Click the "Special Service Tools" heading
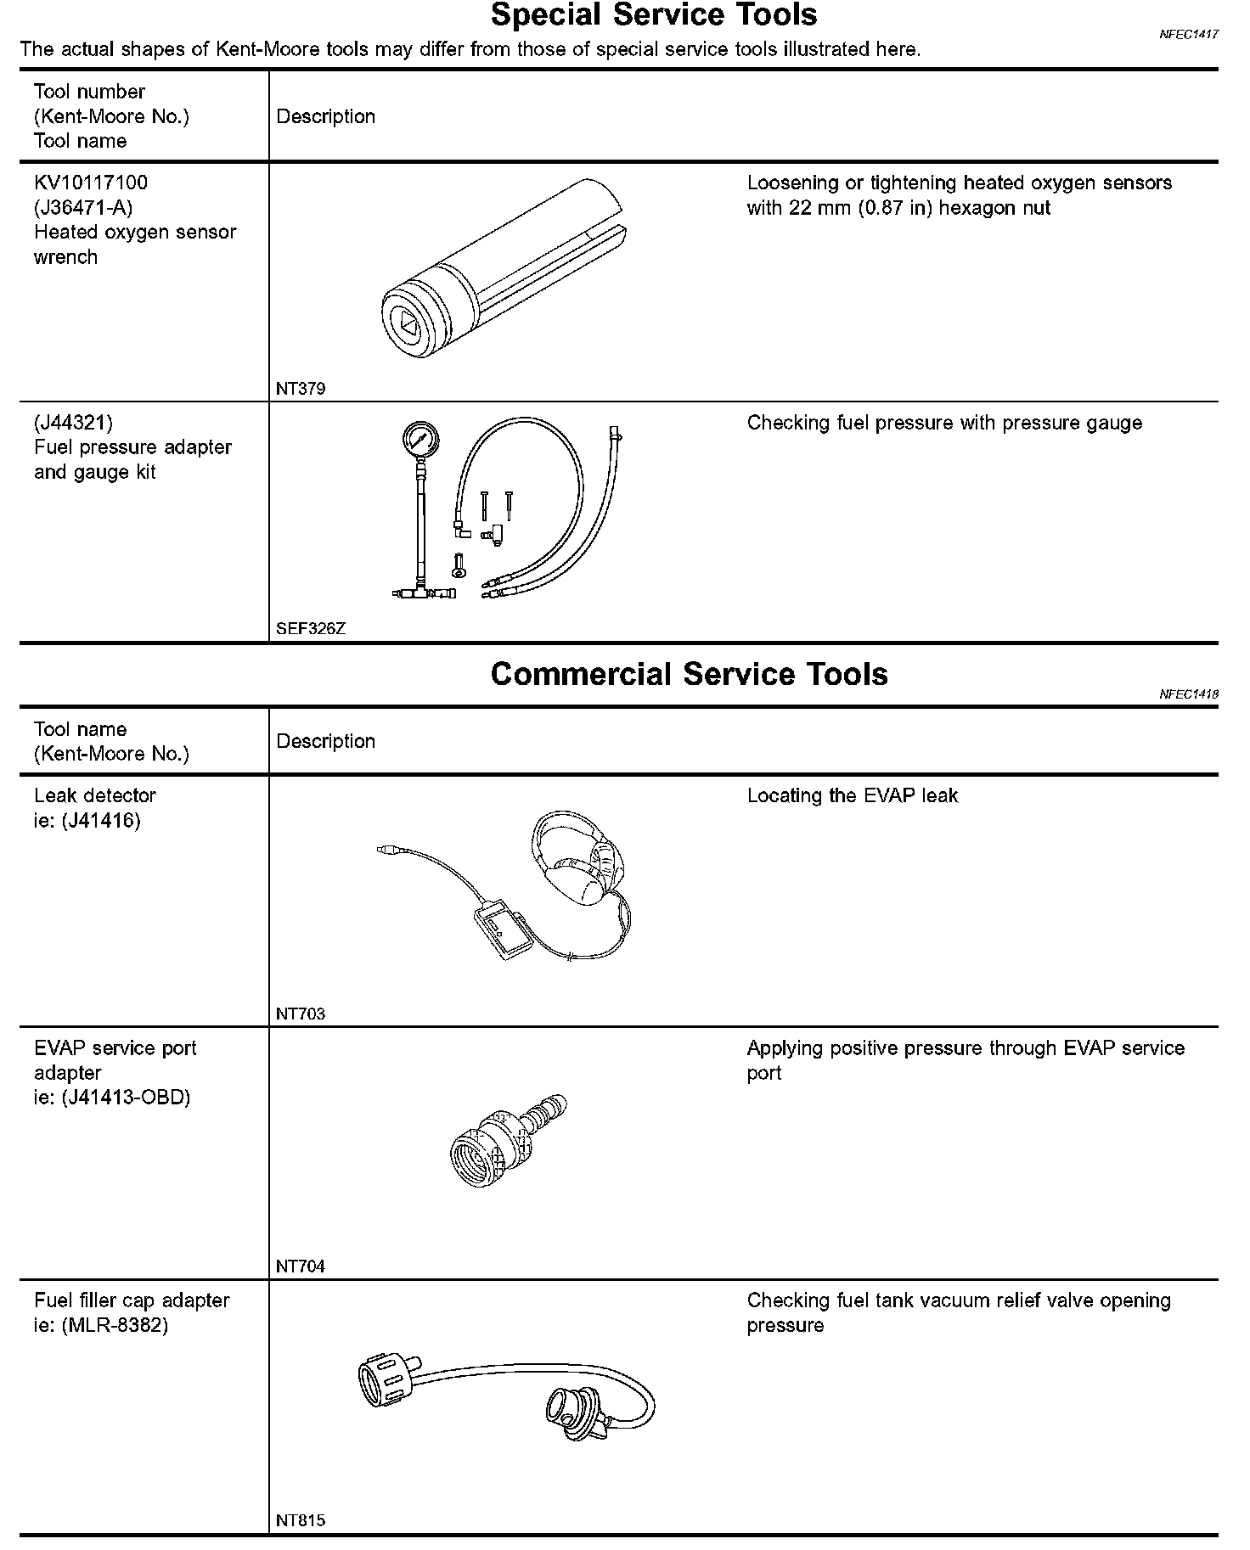click(x=654, y=15)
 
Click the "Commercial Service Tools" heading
click(x=689, y=674)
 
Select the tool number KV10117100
click(x=91, y=183)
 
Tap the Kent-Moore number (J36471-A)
click(x=83, y=207)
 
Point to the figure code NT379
click(x=301, y=389)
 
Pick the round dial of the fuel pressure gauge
click(x=419, y=441)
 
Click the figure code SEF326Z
click(x=311, y=629)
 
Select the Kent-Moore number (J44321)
click(x=73, y=423)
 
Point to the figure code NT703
click(x=301, y=1014)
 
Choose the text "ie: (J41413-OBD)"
click(x=112, y=1098)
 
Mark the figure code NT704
click(x=301, y=1266)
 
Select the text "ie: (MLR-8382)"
click(x=101, y=1325)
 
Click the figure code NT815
click(x=301, y=1520)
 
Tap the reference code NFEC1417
click(x=1189, y=35)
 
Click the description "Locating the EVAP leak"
click(x=852, y=796)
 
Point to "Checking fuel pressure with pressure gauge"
click(x=944, y=424)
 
